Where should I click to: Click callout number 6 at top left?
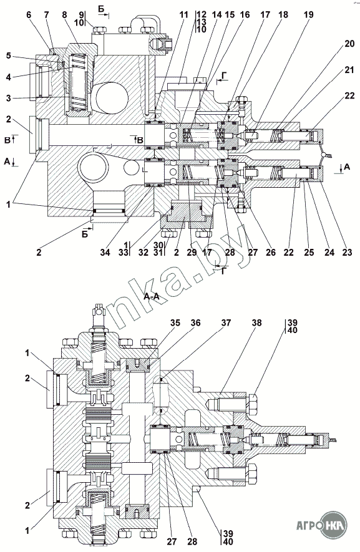tap(29, 15)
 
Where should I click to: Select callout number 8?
tap(64, 15)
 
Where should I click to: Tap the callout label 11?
tap(183, 15)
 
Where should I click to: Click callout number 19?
tap(309, 15)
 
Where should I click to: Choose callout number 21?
tap(349, 70)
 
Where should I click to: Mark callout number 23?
tap(347, 252)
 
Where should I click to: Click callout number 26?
tap(271, 252)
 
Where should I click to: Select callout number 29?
tap(192, 252)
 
